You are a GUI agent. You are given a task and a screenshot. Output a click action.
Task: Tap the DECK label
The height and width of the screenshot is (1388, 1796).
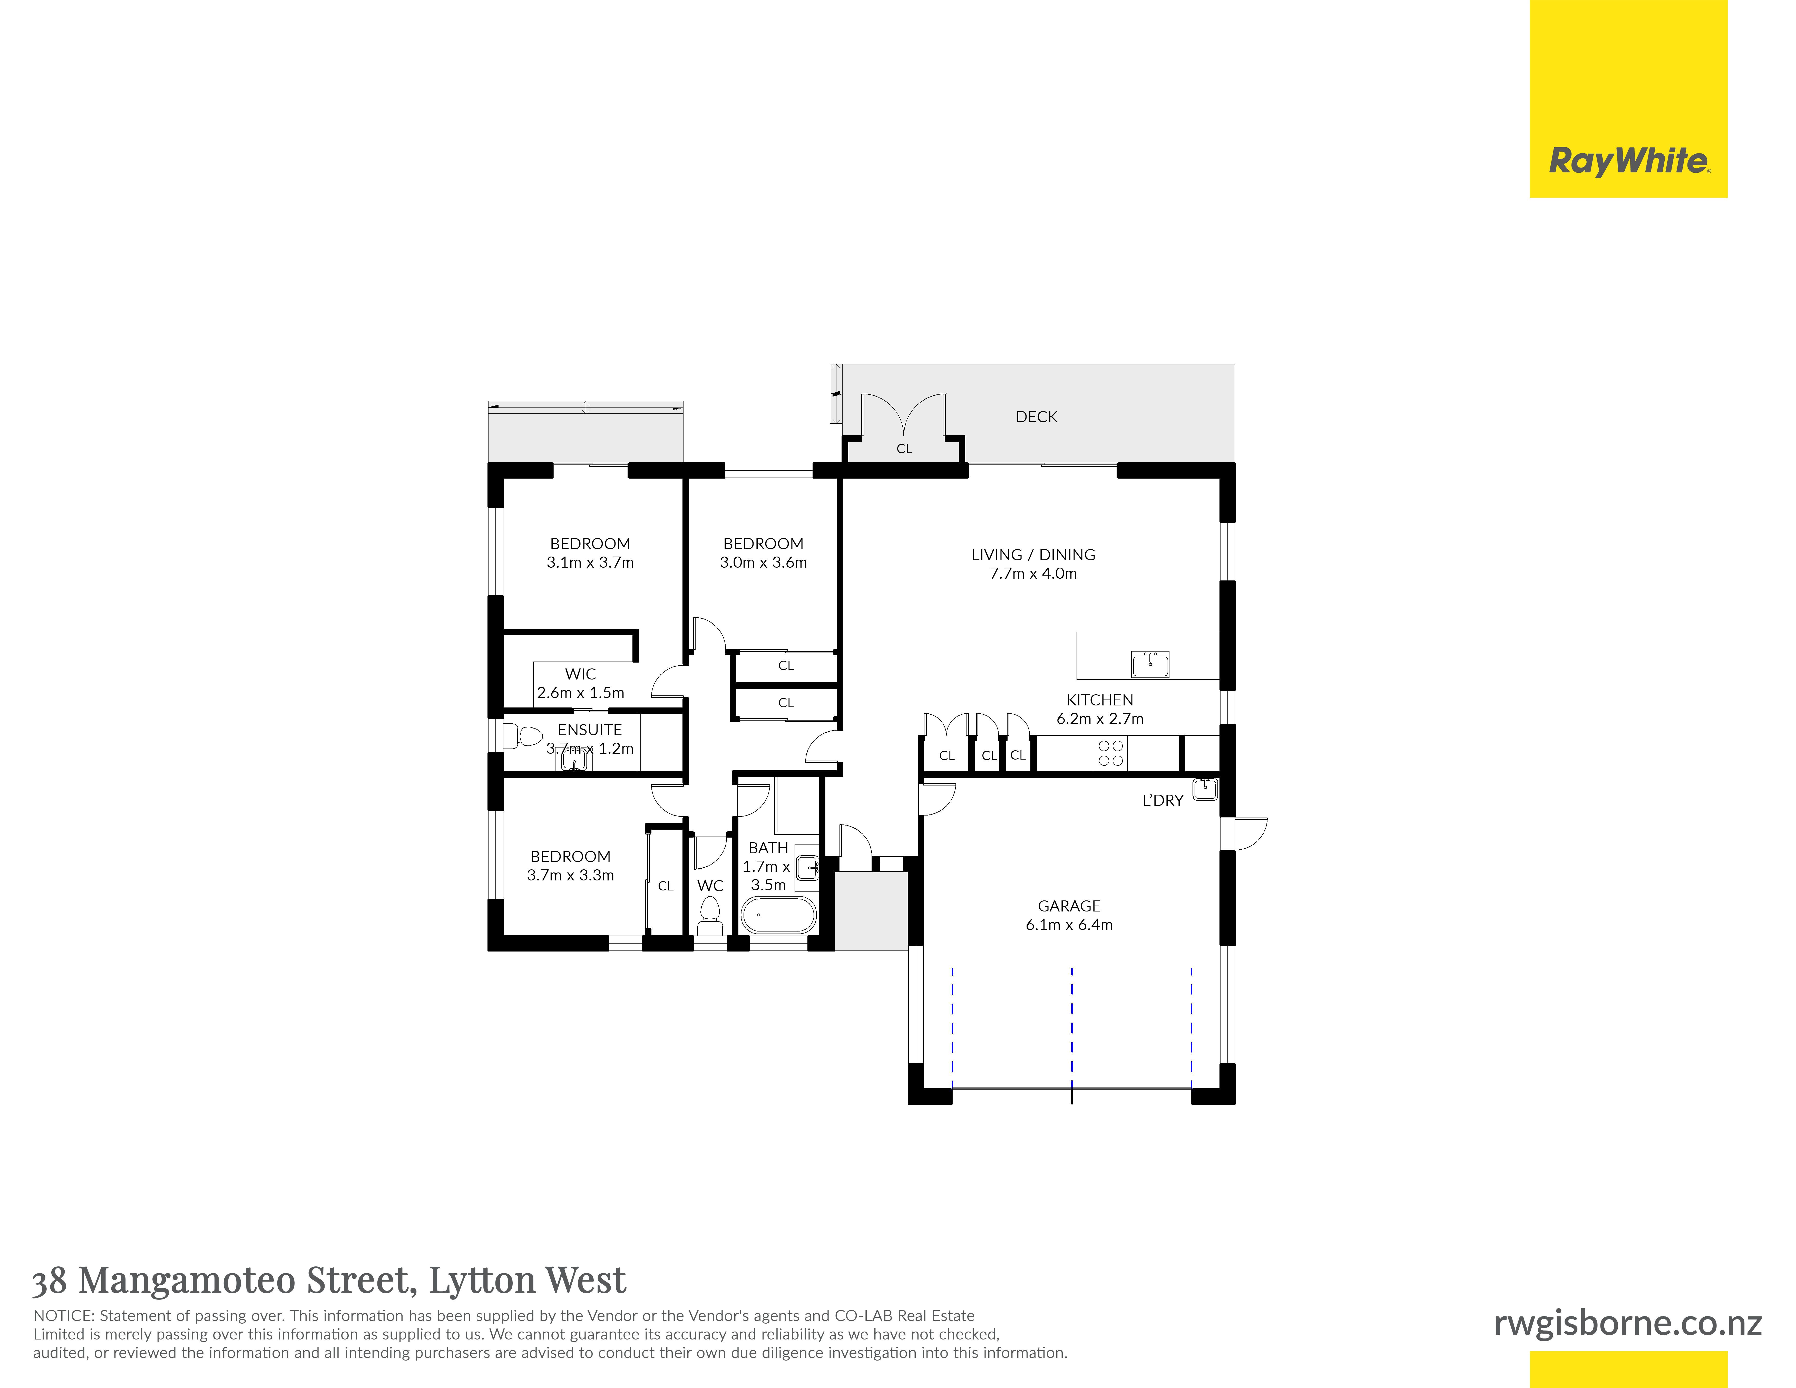pos(1036,417)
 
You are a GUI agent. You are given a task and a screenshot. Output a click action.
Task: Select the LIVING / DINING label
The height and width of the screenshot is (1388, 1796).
pos(1033,555)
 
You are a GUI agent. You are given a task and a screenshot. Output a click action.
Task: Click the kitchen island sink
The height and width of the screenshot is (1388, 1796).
pos(1150,664)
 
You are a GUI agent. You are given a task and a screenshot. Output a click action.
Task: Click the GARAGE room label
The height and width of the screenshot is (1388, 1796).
pos(1069,906)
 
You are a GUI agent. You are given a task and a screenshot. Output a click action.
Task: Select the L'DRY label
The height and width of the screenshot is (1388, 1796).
pos(1163,800)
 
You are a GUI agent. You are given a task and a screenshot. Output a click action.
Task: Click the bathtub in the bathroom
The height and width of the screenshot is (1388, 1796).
pos(778,914)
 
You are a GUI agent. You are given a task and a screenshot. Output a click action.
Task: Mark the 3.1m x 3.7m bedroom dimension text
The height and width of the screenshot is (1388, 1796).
pos(590,562)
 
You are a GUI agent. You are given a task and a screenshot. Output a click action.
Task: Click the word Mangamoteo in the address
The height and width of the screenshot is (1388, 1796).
pos(188,1280)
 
